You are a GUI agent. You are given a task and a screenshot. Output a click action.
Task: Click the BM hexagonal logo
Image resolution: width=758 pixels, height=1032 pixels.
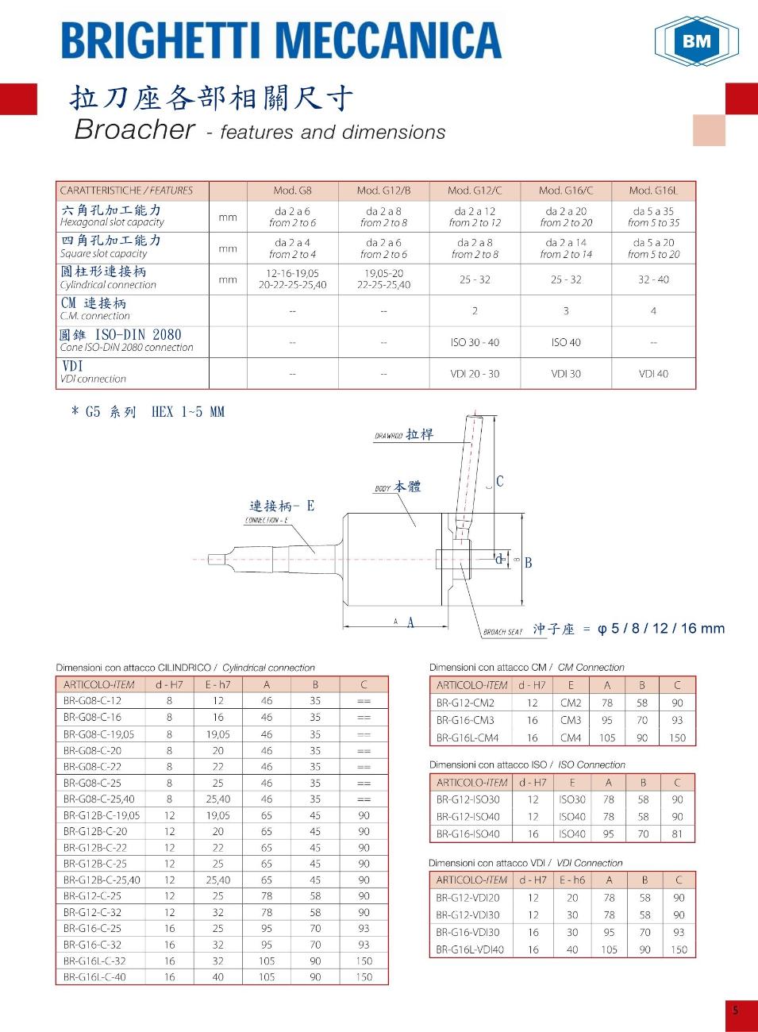696,40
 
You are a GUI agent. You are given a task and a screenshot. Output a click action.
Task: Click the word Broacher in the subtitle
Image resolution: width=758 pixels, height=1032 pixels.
134,129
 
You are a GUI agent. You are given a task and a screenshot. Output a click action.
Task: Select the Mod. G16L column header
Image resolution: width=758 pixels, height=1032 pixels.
652,191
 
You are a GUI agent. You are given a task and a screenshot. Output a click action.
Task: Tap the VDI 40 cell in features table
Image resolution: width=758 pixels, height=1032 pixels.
653,374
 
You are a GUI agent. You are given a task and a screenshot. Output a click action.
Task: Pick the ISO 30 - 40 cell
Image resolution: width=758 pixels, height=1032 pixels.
475,342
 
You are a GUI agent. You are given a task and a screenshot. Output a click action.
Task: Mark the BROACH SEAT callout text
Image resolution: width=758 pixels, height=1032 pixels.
503,632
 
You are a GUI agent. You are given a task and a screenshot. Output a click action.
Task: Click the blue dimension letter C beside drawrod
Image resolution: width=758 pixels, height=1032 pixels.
500,481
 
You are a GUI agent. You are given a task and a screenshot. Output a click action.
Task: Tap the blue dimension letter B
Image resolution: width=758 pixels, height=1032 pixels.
528,563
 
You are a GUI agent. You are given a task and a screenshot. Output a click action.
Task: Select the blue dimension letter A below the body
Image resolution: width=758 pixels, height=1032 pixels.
410,623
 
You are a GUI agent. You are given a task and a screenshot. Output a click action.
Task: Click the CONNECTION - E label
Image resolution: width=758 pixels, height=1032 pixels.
267,521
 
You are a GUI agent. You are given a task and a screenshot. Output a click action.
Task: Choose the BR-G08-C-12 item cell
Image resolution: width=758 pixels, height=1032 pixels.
93,701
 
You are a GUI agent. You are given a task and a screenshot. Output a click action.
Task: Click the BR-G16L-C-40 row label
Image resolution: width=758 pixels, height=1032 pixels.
94,977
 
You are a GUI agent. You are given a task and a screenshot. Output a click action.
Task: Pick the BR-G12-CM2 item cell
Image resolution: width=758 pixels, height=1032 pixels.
465,703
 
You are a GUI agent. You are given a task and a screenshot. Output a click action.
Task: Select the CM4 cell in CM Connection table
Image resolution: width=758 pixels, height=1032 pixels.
571,737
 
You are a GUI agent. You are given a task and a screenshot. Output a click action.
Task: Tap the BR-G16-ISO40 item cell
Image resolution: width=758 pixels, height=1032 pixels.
468,834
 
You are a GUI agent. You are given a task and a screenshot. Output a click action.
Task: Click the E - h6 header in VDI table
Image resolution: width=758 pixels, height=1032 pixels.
571,880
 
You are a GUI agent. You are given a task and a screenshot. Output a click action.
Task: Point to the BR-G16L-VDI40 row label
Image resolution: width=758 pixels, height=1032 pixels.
470,949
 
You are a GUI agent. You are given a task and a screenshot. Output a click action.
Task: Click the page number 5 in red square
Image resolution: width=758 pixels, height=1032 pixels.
735,1011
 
